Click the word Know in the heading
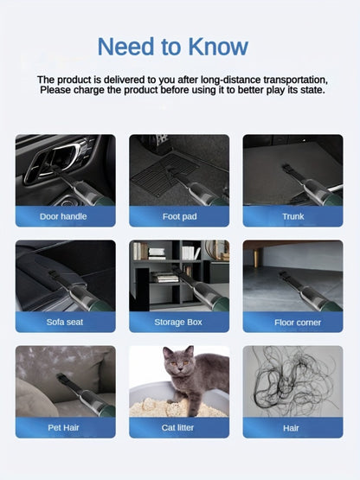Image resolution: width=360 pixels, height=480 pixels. click(x=218, y=47)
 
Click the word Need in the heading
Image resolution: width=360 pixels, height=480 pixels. click(x=126, y=47)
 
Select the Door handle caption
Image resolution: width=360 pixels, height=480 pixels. click(x=63, y=216)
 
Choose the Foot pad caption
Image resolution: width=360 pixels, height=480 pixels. click(x=179, y=216)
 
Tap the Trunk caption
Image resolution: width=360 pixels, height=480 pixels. click(x=293, y=216)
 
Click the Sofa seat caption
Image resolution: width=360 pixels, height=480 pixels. click(x=65, y=322)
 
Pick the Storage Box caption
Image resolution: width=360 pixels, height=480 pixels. click(x=178, y=322)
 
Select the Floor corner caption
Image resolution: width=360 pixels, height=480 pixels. click(x=298, y=323)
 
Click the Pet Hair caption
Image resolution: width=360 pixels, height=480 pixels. click(x=63, y=427)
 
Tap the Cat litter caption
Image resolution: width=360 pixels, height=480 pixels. click(x=177, y=427)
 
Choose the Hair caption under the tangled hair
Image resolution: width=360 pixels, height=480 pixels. click(x=291, y=428)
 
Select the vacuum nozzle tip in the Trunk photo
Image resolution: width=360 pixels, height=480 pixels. click(x=287, y=168)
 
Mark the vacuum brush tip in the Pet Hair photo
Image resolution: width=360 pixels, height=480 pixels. click(x=61, y=378)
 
